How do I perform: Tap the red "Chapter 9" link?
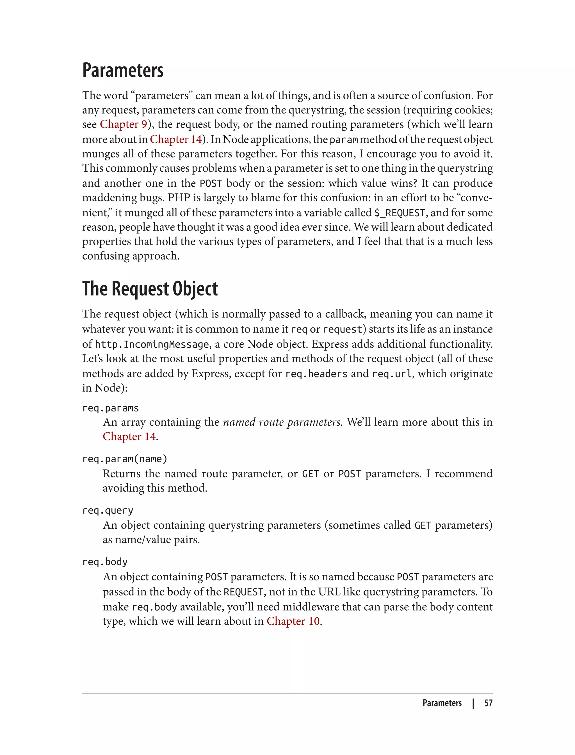click(123, 124)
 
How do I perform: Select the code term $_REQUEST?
click(400, 213)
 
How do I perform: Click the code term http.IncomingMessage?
click(152, 344)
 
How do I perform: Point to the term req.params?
click(110, 408)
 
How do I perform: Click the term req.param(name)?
click(125, 459)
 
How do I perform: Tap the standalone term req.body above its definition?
click(105, 561)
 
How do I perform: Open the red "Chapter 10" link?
click(293, 621)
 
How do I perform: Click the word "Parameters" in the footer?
click(442, 703)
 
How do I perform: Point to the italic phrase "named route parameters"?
click(281, 422)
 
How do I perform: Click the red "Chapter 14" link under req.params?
click(129, 436)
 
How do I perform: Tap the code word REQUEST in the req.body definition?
click(243, 592)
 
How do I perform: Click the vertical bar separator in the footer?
click(473, 703)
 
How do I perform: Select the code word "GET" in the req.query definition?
click(423, 525)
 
